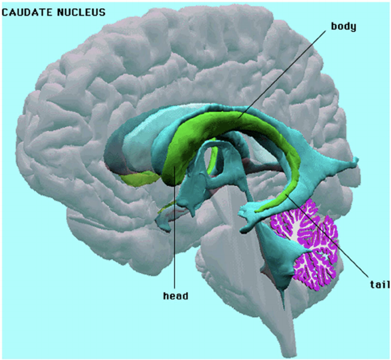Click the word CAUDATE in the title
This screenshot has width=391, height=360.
pos(27,12)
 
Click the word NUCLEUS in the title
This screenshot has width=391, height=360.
pos(81,12)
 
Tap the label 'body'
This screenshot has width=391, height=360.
pos(343,26)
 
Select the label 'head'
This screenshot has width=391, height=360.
pos(176,296)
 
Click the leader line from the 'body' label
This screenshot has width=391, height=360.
pos(282,74)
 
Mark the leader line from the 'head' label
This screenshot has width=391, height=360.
pos(175,228)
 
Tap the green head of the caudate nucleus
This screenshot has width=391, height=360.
pos(177,162)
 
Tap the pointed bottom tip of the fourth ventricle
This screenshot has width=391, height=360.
pos(283,308)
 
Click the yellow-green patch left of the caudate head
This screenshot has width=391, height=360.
pos(140,179)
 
